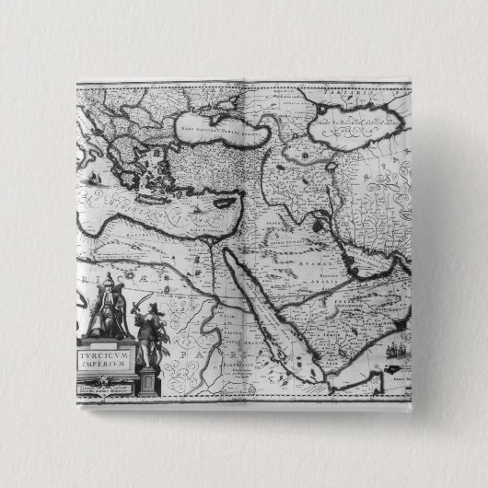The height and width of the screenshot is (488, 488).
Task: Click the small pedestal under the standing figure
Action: tap(148, 379)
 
